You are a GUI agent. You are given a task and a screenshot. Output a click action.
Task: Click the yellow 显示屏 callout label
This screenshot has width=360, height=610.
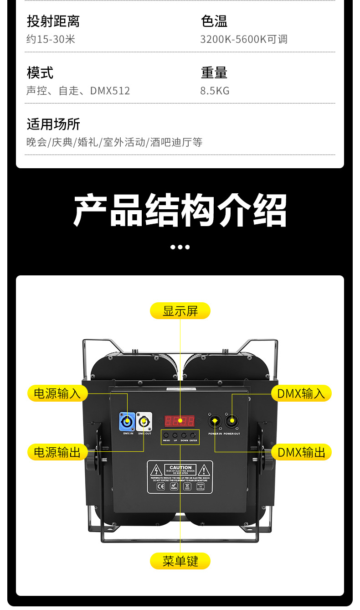pyautogui.click(x=180, y=311)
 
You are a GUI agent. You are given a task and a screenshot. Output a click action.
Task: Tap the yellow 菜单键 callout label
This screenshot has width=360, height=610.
pyautogui.click(x=180, y=561)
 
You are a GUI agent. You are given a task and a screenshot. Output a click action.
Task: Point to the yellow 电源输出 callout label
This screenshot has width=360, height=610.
pyautogui.click(x=57, y=452)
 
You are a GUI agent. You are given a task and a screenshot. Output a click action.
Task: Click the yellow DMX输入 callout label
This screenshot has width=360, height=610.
pyautogui.click(x=301, y=393)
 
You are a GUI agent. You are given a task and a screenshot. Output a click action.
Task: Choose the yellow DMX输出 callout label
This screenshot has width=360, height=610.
pyautogui.click(x=301, y=452)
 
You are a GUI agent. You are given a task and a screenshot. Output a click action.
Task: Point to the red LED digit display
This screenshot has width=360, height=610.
pyautogui.click(x=180, y=420)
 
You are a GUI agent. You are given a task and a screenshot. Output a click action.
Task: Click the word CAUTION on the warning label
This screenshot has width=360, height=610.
pyautogui.click(x=180, y=467)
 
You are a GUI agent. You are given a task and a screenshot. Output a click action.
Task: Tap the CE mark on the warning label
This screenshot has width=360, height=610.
pyautogui.click(x=160, y=486)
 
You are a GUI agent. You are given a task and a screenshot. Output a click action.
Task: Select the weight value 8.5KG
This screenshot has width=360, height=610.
pyautogui.click(x=215, y=91)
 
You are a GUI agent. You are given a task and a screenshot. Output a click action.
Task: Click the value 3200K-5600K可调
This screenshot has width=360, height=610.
pyautogui.click(x=244, y=39)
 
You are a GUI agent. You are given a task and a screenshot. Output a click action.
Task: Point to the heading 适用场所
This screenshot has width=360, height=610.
pyautogui.click(x=53, y=124)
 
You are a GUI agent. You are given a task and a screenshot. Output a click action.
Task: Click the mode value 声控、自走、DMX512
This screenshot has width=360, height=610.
pyautogui.click(x=78, y=91)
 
